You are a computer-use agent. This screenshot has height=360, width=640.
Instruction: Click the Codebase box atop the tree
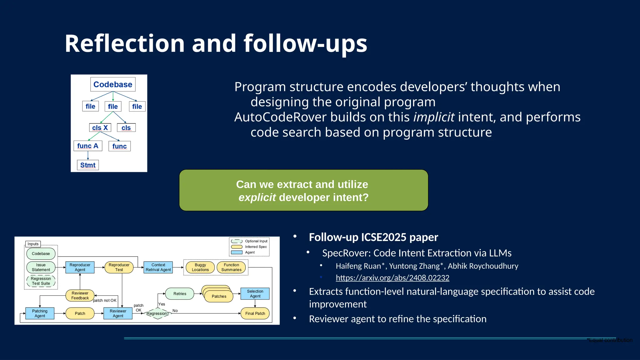pos(113,84)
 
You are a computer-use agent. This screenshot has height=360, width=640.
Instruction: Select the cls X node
pos(100,127)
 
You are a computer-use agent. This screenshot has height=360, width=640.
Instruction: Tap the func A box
pos(88,146)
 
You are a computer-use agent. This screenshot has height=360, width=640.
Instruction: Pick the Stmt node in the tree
pos(88,165)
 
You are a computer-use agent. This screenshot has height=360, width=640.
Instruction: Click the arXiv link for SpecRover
pos(392,277)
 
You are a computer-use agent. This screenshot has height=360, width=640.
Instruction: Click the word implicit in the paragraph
pos(434,117)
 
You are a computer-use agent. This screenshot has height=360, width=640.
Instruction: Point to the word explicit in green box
pos(257,197)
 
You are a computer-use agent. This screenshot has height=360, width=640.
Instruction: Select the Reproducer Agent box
pos(80,267)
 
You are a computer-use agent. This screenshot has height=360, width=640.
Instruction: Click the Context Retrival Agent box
pos(158,267)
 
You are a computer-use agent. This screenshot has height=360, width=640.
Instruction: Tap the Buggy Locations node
pos(200,267)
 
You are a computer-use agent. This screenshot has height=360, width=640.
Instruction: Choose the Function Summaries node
pos(231,267)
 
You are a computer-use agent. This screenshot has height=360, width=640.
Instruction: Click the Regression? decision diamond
pos(158,313)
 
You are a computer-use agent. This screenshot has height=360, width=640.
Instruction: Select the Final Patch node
pos(255,313)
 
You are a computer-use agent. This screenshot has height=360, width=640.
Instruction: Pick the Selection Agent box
pos(255,294)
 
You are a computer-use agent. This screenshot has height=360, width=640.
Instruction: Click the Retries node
pos(180,294)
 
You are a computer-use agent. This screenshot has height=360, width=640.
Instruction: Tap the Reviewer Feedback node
pos(80,296)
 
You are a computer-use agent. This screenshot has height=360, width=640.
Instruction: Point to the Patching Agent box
pos(40,313)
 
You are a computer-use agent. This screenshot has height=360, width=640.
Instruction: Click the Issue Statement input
pos(41,267)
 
